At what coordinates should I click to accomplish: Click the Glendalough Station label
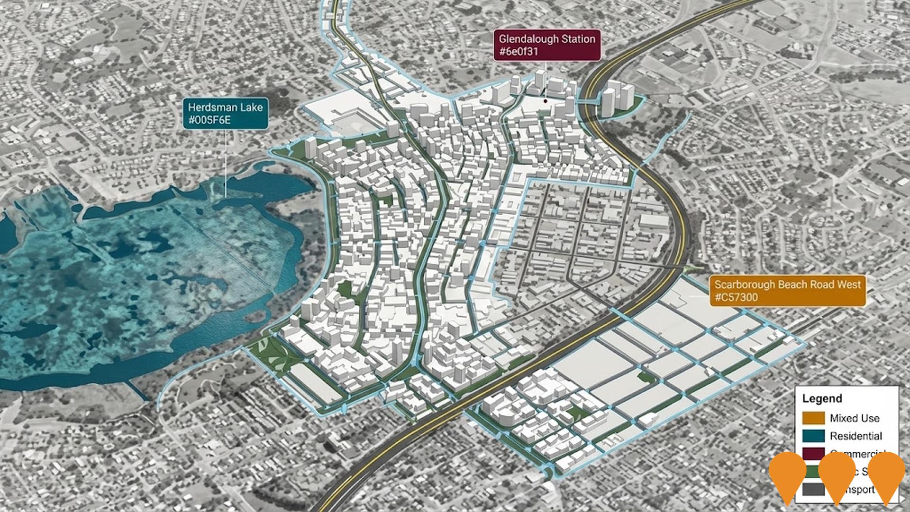pos(547,39)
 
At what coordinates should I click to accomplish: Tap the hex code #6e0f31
pos(519,52)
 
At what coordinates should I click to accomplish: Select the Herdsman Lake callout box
pos(226,114)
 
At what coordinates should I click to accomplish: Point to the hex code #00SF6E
pos(209,120)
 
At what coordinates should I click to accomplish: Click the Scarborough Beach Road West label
pos(787,284)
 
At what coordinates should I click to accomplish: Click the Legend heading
pos(822,398)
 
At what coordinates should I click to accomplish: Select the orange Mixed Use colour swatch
pos(813,418)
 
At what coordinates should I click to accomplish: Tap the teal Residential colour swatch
pos(813,436)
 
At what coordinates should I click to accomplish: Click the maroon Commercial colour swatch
pos(813,453)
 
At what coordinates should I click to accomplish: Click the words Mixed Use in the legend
pos(854,418)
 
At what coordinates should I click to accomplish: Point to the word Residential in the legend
pos(855,436)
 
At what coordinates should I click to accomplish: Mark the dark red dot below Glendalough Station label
pos(546,101)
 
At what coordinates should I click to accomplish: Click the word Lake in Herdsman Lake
pos(252,107)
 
